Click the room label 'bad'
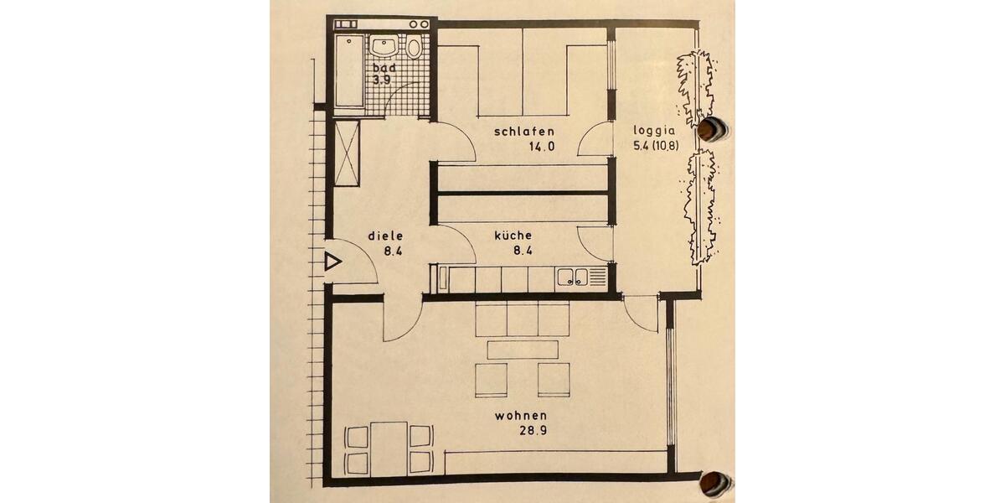click(384, 67)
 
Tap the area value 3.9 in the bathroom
click(382, 80)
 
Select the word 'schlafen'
click(524, 132)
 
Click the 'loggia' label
click(655, 132)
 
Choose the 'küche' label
click(513, 236)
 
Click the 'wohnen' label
click(521, 415)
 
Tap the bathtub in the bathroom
click(349, 72)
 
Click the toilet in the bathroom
click(415, 47)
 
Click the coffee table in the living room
click(523, 349)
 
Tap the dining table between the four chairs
click(389, 448)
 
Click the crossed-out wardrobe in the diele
click(347, 153)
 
